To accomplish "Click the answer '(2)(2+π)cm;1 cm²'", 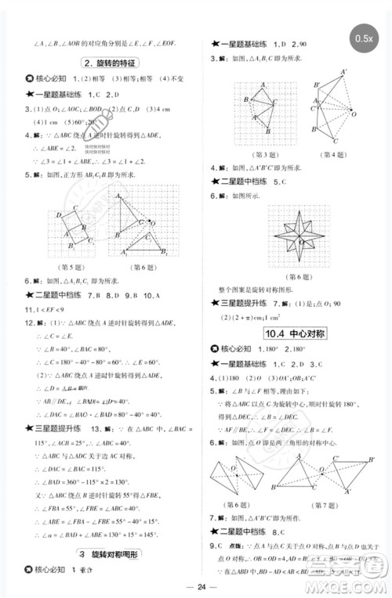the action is tap(259, 316).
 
